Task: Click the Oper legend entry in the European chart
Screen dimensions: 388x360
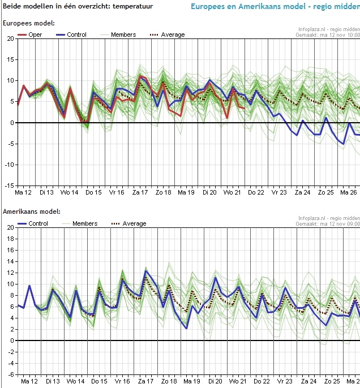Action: click(x=30, y=35)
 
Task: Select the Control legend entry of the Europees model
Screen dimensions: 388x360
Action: click(x=71, y=35)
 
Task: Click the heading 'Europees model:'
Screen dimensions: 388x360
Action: click(x=29, y=23)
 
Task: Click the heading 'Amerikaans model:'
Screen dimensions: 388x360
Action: click(x=31, y=212)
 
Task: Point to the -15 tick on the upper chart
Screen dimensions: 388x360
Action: click(x=10, y=186)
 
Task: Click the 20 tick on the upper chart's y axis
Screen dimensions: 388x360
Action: click(x=10, y=38)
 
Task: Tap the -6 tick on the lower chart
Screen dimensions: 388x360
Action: click(x=10, y=374)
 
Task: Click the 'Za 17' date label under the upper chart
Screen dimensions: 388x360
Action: click(x=140, y=193)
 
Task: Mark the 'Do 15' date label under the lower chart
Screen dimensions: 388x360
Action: click(x=94, y=382)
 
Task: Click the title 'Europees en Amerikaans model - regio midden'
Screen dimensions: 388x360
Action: click(x=275, y=7)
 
